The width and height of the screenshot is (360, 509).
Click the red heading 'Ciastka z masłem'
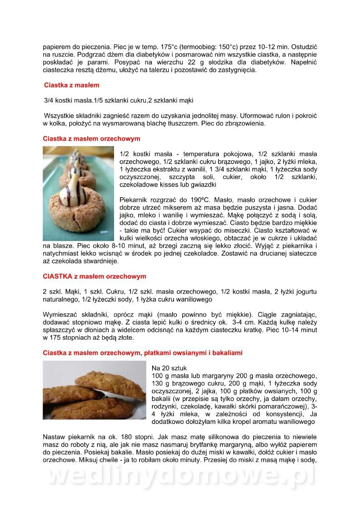tap(72, 85)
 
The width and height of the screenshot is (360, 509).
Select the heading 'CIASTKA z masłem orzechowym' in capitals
tap(94, 277)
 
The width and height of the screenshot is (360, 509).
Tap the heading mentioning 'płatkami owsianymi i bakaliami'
tap(142, 353)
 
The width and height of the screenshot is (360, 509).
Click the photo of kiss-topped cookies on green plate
tap(78, 193)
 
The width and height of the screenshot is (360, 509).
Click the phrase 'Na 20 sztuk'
tap(169, 368)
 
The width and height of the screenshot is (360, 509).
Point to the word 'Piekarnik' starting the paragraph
tap(133, 199)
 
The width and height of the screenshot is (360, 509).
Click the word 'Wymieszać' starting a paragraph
tap(58, 315)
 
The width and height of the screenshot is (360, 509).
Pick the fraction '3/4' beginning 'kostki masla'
tap(49, 101)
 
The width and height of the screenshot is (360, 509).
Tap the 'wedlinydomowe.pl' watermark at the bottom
tap(180, 476)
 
